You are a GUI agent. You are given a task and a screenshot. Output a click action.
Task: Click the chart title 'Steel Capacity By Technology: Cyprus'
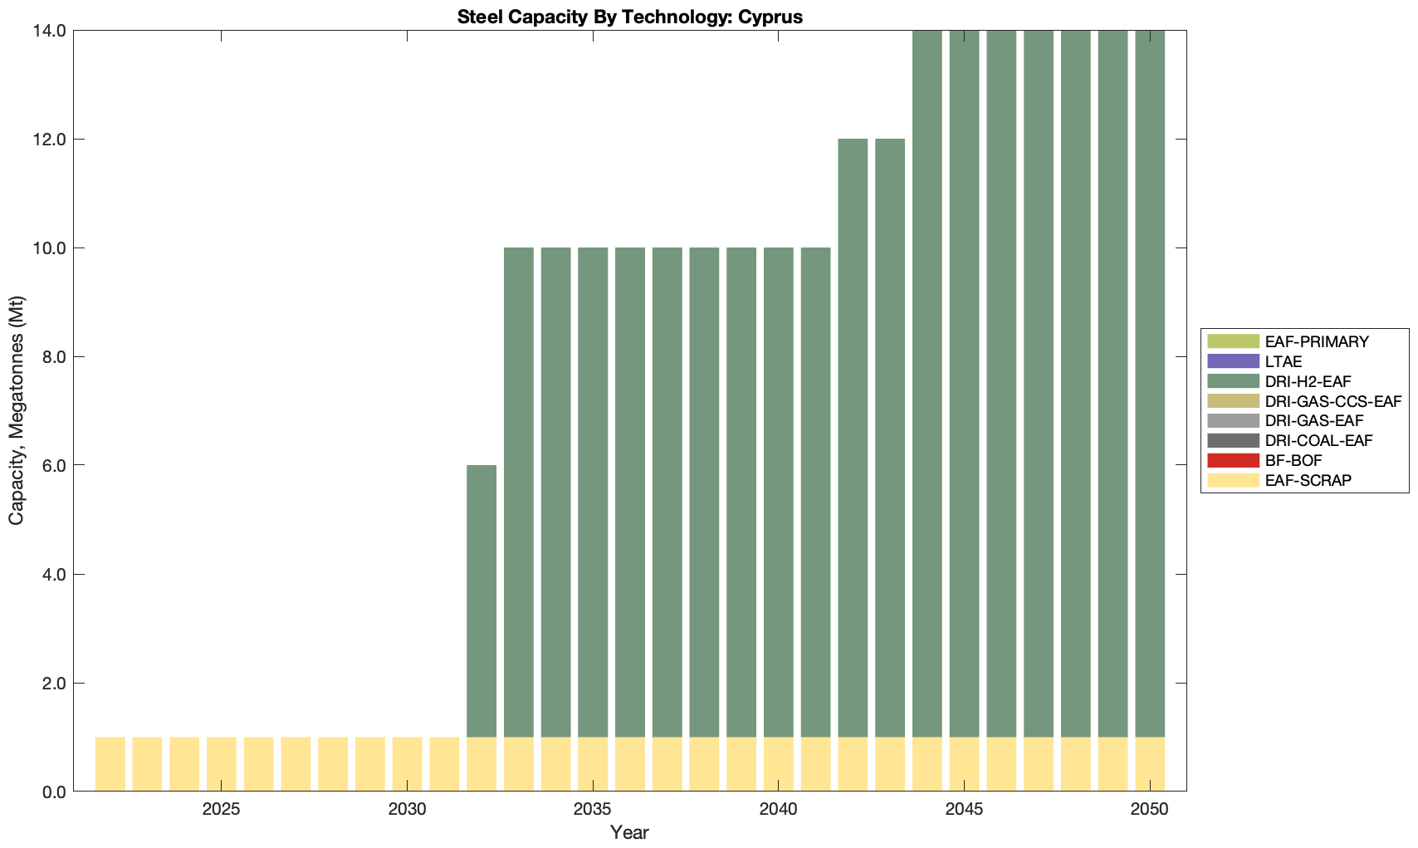629,17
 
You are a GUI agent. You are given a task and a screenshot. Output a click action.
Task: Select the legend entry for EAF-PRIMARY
1317,341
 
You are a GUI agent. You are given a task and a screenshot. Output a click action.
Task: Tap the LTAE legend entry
1284,361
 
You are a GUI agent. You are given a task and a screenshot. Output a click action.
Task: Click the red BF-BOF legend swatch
1234,460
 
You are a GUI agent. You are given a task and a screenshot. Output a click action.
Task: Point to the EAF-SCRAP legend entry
1308,480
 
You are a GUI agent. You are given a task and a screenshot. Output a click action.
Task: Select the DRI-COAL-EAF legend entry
1319,440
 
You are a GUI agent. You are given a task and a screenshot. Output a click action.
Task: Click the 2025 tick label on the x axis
221,810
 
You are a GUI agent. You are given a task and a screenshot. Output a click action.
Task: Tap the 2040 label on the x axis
778,810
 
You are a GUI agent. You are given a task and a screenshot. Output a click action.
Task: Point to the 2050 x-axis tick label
1149,810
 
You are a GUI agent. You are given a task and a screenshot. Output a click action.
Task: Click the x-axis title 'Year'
629,832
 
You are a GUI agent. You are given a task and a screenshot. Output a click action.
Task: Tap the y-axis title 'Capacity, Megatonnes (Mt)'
17,410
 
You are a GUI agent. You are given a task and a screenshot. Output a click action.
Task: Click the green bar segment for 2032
482,600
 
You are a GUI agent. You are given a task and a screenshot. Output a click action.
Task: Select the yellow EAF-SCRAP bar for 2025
221,764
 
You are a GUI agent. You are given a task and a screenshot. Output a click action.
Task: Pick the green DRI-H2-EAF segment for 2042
853,438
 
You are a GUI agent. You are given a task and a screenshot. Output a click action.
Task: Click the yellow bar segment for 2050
1150,764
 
